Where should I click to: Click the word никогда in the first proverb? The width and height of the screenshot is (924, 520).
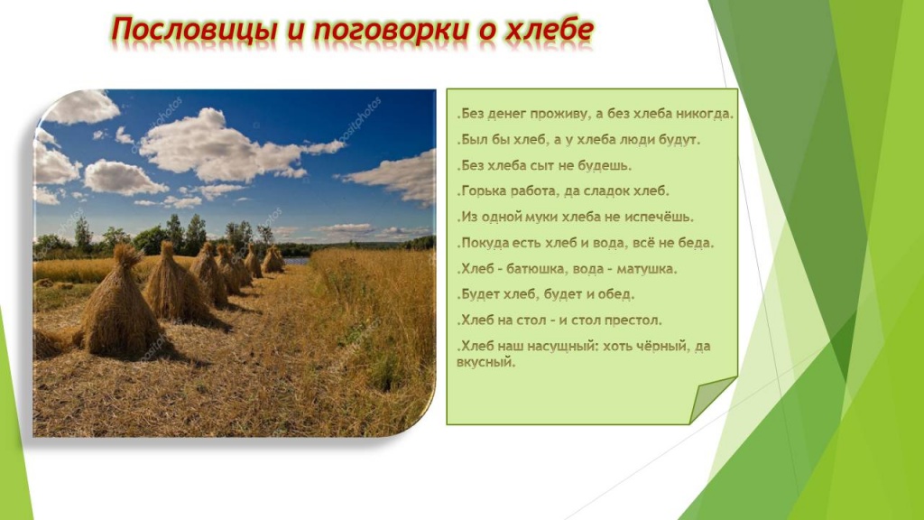[702, 115]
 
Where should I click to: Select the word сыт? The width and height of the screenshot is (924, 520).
[549, 166]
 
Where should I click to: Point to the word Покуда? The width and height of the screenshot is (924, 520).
[487, 243]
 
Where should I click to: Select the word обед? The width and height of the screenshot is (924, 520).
[617, 294]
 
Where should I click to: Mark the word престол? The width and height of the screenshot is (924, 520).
[632, 320]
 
